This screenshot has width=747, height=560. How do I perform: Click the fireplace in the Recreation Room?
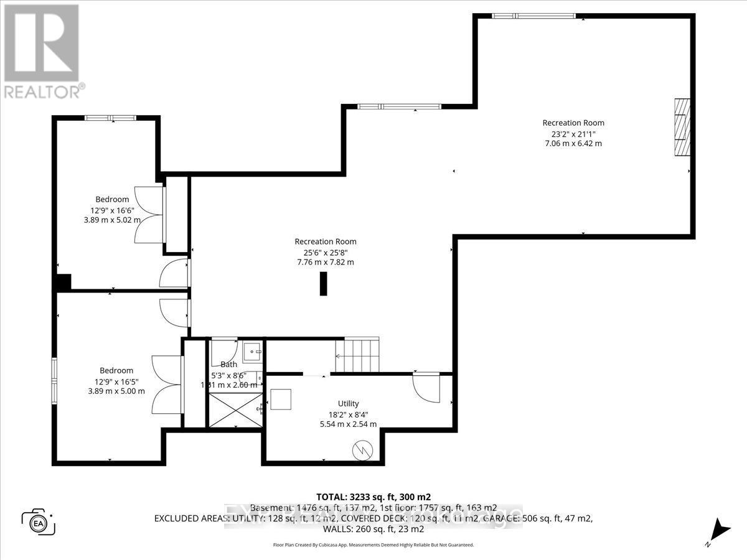tap(683, 128)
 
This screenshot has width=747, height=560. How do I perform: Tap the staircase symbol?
tap(357, 355)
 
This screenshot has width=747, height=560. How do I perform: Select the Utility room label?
tap(347, 404)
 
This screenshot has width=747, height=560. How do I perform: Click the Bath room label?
tap(228, 365)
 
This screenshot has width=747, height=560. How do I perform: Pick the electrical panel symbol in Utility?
tap(361, 450)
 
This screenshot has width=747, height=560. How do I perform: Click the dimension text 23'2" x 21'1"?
tap(573, 133)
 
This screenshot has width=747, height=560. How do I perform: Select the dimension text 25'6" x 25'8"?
tap(326, 252)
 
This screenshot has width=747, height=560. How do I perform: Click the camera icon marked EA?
tap(39, 521)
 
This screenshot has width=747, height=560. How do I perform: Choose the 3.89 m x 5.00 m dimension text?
tap(116, 391)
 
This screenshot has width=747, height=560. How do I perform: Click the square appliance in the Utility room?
tap(280, 398)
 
